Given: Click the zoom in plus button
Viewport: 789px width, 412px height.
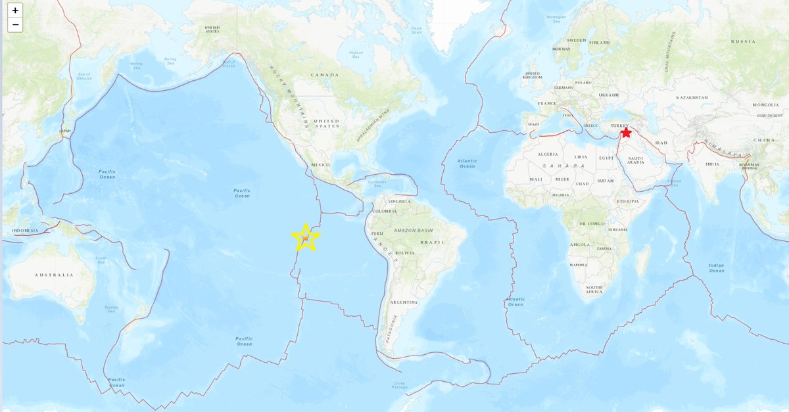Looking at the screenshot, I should [15, 11].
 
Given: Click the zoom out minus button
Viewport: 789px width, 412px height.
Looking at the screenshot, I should [15, 25].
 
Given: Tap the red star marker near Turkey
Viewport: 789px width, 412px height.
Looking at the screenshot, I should [626, 133].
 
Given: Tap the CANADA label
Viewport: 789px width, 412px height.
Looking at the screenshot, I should [325, 75].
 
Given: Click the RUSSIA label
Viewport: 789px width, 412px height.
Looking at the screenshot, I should [743, 41].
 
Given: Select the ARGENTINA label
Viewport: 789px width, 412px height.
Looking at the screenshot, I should [403, 302].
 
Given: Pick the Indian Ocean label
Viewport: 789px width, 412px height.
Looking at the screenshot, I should [716, 268].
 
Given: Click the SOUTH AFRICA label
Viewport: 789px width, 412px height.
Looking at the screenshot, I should [594, 290].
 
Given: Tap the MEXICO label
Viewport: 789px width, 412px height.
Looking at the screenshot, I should [320, 165].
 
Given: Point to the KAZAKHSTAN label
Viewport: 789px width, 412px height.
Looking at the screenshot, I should [692, 97].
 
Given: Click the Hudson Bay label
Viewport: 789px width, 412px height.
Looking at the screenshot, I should [356, 55].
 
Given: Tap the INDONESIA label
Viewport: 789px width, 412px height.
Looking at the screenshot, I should [24, 231].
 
